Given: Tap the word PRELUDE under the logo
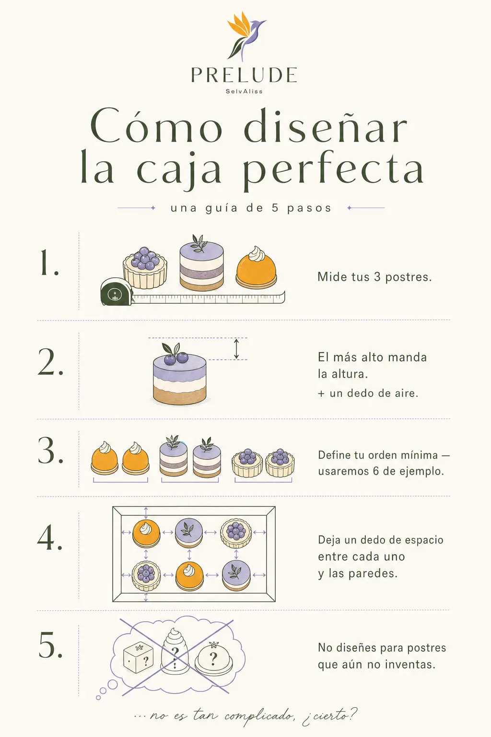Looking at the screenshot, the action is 244,75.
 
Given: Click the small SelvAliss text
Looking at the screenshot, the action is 244,92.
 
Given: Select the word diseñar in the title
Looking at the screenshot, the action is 326,127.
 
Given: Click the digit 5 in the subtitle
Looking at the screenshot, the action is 275,208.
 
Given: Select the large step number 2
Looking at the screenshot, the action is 50,362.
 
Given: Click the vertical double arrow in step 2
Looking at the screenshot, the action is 236,349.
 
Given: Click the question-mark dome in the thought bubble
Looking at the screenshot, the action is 213,658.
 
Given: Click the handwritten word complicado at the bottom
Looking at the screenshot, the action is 260,717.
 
